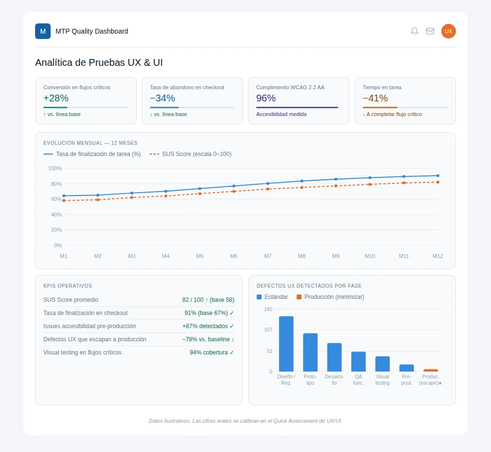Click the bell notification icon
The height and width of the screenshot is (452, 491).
pyautogui.click(x=414, y=31)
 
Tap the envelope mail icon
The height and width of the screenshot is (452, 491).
pyautogui.click(x=430, y=31)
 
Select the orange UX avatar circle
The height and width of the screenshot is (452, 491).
pyautogui.click(x=449, y=31)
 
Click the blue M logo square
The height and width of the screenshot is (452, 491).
pyautogui.click(x=43, y=31)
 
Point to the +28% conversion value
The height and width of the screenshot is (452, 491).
pyautogui.click(x=56, y=98)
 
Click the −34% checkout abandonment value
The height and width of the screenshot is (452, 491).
pyautogui.click(x=163, y=98)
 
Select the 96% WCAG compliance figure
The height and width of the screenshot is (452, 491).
pyautogui.click(x=266, y=98)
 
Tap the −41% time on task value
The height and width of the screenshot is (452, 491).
pyautogui.click(x=375, y=98)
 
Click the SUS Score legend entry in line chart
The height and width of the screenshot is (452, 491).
pyautogui.click(x=190, y=154)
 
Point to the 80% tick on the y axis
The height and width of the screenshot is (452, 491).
pyautogui.click(x=57, y=184)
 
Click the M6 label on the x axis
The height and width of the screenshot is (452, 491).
pyautogui.click(x=234, y=256)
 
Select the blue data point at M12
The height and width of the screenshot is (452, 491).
pyautogui.click(x=438, y=176)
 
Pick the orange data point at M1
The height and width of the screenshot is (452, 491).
pyautogui.click(x=64, y=200)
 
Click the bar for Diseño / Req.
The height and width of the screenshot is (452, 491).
pyautogui.click(x=286, y=344)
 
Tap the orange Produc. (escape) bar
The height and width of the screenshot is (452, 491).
pyautogui.click(x=431, y=371)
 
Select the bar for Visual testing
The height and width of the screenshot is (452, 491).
pyautogui.click(x=382, y=364)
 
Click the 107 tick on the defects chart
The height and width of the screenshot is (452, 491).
pyautogui.click(x=268, y=330)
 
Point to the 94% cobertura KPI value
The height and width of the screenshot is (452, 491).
pyautogui.click(x=212, y=353)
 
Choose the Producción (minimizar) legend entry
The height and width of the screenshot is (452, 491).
pyautogui.click(x=330, y=297)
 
